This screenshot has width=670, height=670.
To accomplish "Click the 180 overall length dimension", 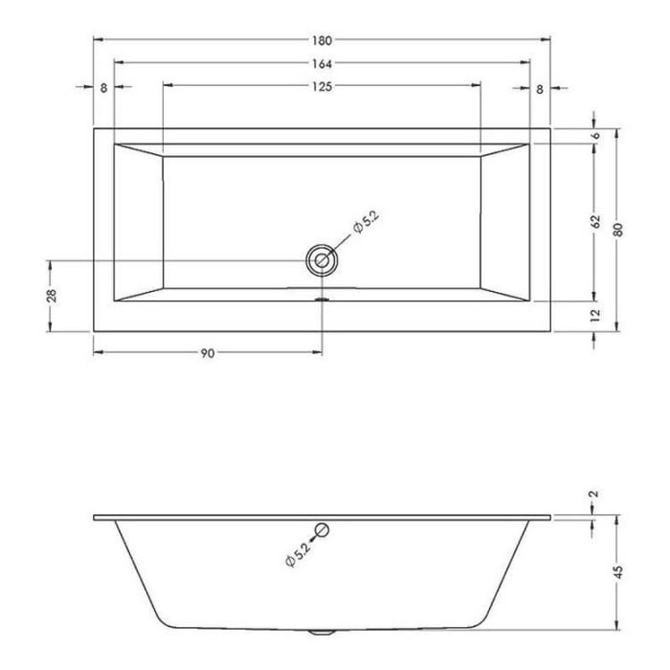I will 322,40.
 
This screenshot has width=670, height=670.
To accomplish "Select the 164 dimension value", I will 322,64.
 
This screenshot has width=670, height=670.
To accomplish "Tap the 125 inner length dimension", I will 322,87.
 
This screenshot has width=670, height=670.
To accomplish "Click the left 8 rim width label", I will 103,89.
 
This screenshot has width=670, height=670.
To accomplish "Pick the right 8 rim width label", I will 540,89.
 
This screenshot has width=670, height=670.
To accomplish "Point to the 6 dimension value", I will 595,137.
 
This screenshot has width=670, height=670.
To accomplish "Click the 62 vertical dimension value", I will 595,222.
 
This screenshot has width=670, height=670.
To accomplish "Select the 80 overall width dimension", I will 619,230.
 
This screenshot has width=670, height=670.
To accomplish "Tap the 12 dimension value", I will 595,314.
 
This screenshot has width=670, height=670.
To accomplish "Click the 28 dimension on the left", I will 52,296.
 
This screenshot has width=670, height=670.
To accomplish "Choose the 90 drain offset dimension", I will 207,353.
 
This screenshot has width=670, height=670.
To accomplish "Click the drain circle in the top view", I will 322,259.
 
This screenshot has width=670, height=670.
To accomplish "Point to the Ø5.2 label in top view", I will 366,226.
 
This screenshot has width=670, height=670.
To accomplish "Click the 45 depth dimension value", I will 619,572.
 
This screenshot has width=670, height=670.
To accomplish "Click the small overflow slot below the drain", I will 322,296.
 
